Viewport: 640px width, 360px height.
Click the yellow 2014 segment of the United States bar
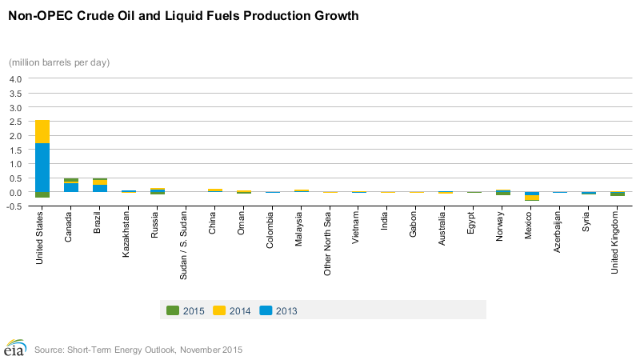pyautogui.click(x=42, y=132)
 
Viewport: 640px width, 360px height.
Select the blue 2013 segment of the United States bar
pyautogui.click(x=42, y=168)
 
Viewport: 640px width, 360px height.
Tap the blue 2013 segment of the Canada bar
pyautogui.click(x=71, y=188)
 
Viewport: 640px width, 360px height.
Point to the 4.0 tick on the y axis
pyautogui.click(x=16, y=79)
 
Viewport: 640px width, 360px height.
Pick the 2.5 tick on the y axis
pyautogui.click(x=16, y=122)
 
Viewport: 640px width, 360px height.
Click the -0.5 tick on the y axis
pyautogui.click(x=15, y=206)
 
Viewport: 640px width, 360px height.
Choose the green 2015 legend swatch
pyautogui.click(x=173, y=310)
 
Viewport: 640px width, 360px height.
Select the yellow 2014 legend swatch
pyautogui.click(x=219, y=310)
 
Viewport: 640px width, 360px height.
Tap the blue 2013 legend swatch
pyautogui.click(x=266, y=310)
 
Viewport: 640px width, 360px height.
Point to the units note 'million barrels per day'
pyautogui.click(x=59, y=62)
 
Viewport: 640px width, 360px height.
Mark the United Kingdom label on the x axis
pyautogui.click(x=615, y=242)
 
